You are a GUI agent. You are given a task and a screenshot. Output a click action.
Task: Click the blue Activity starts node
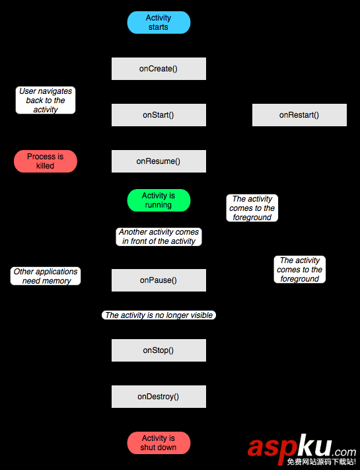pos(159,22)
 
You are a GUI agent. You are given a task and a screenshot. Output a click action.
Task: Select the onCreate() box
pos(159,69)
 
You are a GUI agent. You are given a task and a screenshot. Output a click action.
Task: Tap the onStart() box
pos(159,115)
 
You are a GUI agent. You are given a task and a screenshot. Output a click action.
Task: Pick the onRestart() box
pos(299,115)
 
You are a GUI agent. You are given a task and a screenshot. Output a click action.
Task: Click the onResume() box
pos(159,161)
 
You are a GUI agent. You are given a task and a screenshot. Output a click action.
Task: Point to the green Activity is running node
pos(159,200)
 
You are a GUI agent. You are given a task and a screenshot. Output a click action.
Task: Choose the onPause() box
pos(159,280)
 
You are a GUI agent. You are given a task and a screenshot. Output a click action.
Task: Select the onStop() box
pos(159,350)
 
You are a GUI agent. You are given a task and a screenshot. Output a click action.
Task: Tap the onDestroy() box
pos(159,397)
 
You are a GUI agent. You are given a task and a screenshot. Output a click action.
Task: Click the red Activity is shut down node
pos(159,443)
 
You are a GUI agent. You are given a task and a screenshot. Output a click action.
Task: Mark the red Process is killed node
pos(46,161)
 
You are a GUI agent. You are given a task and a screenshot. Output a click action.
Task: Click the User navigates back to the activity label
pos(46,100)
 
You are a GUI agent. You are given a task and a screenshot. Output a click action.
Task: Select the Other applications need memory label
pos(46,276)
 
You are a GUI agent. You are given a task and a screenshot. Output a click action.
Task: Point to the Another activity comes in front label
pos(159,237)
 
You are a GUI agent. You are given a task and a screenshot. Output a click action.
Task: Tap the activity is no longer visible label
pos(159,315)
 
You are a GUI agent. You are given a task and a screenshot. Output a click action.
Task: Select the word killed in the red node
pos(45,166)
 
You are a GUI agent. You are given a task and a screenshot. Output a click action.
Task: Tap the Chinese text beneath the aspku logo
pos(320,462)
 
